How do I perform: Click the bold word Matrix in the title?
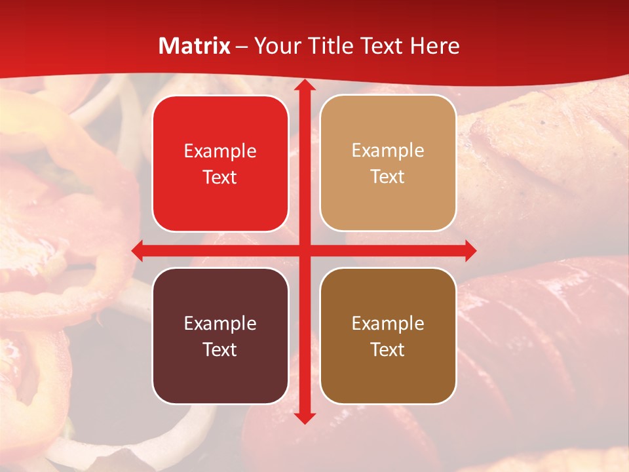click(195, 46)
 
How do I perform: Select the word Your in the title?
click(275, 46)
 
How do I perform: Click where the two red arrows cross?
click(305, 250)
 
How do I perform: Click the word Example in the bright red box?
click(220, 151)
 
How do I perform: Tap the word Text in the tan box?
click(388, 177)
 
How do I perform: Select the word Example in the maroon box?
click(220, 323)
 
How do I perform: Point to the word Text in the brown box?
click(388, 349)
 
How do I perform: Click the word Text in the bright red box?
click(220, 177)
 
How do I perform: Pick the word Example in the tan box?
click(388, 151)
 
